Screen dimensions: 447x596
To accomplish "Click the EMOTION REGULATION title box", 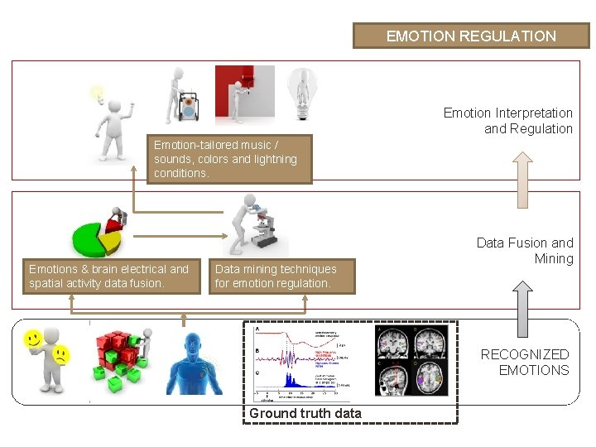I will pyautogui.click(x=470, y=36).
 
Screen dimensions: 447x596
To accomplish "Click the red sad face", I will pyautogui.click(x=61, y=357).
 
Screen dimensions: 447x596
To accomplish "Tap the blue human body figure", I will pyautogui.click(x=196, y=360).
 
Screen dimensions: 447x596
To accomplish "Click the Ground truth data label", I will pyautogui.click(x=305, y=413).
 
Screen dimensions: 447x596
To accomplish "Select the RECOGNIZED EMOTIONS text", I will pyautogui.click(x=526, y=363).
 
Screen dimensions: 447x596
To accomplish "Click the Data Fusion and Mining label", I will pyautogui.click(x=525, y=251).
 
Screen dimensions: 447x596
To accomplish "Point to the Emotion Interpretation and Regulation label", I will pyautogui.click(x=508, y=121).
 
